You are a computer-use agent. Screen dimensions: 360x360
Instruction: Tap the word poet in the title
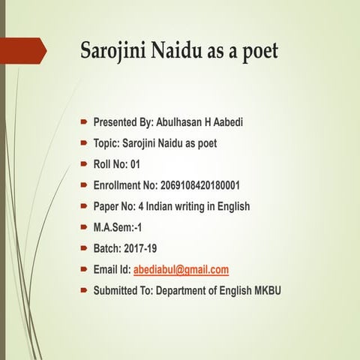(x=256, y=52)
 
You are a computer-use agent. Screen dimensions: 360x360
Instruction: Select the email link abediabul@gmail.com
(x=181, y=269)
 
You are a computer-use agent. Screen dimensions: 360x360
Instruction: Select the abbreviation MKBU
(x=265, y=290)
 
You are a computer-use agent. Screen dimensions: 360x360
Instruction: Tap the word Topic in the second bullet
(x=106, y=142)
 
